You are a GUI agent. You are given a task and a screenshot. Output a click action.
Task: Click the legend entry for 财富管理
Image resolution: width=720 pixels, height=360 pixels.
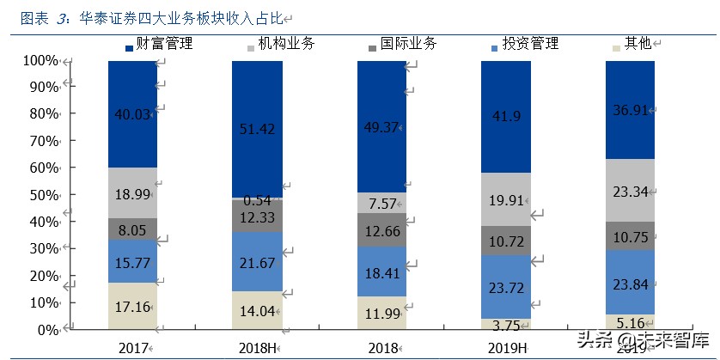point(163,44)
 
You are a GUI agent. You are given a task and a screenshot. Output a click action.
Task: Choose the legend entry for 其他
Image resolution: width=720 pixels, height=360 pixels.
point(637,44)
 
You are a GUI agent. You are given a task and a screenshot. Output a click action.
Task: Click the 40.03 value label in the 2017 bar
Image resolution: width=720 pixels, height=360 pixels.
point(131,113)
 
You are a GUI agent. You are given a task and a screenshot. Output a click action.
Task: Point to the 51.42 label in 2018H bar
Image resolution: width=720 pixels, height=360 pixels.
point(255,129)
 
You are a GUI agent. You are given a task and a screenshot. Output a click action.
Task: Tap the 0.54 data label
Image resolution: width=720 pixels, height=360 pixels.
point(255,200)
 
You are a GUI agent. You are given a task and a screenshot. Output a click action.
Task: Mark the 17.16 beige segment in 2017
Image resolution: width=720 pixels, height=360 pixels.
point(131,306)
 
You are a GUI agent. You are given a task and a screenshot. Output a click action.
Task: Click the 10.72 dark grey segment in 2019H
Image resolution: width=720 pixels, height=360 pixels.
point(504,241)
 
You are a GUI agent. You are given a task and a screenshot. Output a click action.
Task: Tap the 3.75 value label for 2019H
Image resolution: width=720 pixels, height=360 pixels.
point(504,325)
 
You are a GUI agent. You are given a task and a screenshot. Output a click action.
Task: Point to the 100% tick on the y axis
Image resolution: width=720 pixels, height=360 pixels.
point(40,60)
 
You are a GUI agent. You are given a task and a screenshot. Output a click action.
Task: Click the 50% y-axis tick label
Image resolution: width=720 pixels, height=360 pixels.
point(43,195)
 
